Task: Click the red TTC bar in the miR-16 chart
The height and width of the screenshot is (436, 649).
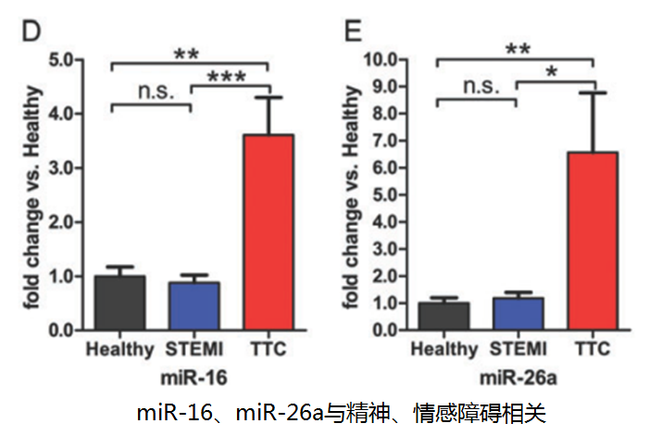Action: (x=268, y=231)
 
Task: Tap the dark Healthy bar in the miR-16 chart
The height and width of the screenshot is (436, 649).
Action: (x=119, y=303)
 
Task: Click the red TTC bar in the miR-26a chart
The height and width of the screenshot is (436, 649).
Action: (x=592, y=241)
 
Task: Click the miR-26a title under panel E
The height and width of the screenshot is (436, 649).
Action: (x=517, y=378)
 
